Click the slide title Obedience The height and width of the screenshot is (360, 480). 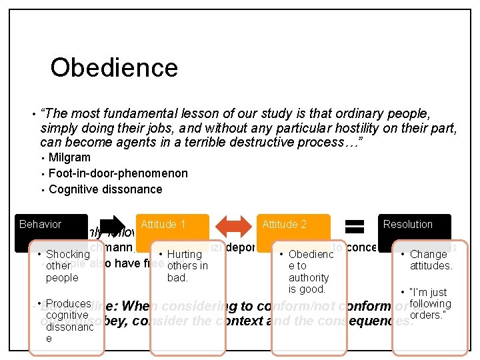114,67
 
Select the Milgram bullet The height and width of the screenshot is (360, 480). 69,157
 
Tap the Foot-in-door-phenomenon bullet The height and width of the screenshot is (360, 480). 118,173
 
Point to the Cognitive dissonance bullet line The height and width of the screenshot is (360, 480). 105,189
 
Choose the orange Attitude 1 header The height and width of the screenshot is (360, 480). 163,225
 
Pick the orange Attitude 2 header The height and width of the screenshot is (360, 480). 285,225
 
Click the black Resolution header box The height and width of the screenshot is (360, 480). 407,225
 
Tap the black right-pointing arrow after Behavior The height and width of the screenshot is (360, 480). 111,225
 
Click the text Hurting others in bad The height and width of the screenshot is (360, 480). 187,265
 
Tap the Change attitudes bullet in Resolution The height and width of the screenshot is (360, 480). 431,259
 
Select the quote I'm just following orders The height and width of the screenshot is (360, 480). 431,303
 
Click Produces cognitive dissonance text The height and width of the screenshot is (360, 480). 67,321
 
